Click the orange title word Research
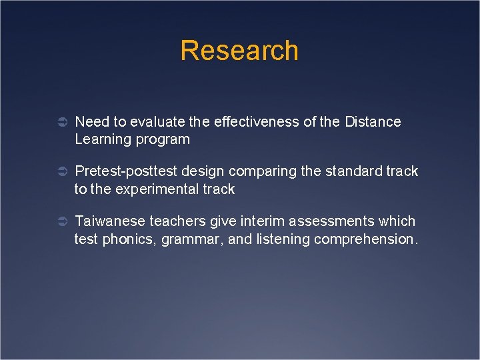tap(239, 51)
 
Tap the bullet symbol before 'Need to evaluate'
tap(59, 123)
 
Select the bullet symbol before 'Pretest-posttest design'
tap(59, 172)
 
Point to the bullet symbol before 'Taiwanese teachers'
tap(59, 221)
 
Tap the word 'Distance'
tap(373, 122)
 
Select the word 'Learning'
tap(100, 140)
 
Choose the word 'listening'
tap(278, 239)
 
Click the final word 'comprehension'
tap(366, 239)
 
